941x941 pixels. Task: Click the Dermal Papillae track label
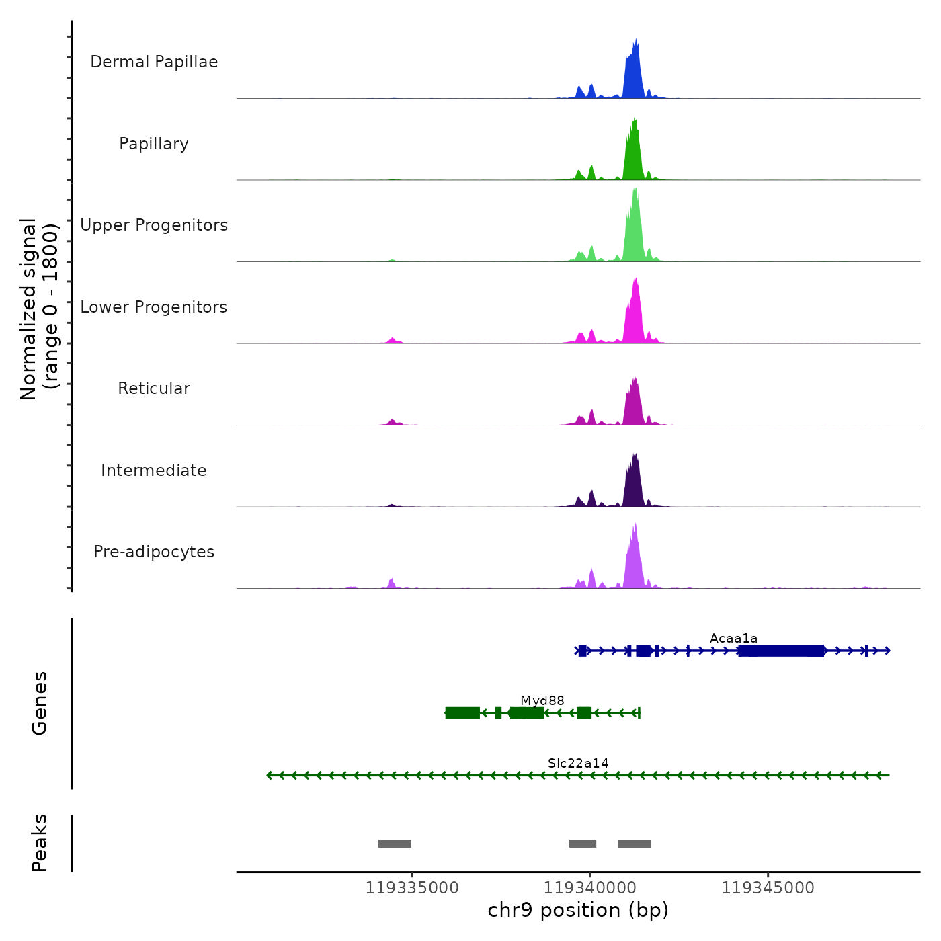[x=154, y=62]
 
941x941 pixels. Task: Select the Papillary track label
[x=154, y=144]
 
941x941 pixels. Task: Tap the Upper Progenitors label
[x=154, y=225]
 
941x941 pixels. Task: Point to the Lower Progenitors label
[x=154, y=307]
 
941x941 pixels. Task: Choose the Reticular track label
[x=154, y=388]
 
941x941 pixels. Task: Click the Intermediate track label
[x=154, y=470]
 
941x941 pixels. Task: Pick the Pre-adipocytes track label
[x=154, y=552]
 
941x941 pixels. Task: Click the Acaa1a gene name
[x=733, y=638]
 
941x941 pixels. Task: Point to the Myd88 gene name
[x=542, y=701]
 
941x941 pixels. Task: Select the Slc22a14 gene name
[x=578, y=763]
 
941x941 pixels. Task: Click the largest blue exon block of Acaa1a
[x=781, y=651]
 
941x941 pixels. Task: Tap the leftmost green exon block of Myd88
[x=462, y=713]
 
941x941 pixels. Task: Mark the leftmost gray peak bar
[x=395, y=844]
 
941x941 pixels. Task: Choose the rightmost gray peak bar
[x=635, y=844]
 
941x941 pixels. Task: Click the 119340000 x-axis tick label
[x=590, y=888]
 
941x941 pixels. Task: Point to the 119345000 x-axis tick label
[x=768, y=888]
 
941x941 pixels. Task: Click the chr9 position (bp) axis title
[x=578, y=910]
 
